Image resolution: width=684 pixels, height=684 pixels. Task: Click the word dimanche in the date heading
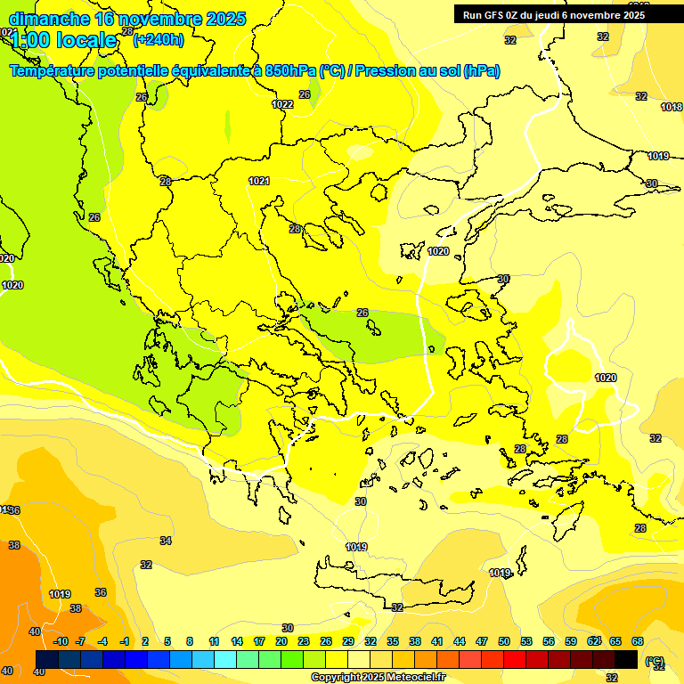point(49,19)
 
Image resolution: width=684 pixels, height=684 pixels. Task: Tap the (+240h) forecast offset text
point(159,39)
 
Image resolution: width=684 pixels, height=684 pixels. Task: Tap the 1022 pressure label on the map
point(282,104)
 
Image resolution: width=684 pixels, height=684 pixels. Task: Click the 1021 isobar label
point(259,181)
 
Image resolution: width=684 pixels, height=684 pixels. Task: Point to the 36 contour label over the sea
point(101,592)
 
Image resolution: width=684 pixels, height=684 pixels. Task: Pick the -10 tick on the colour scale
point(61,641)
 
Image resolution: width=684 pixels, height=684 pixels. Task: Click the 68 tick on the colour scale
point(638,641)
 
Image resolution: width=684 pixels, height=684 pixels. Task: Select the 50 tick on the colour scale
point(504,641)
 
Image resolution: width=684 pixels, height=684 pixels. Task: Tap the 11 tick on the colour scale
point(214,641)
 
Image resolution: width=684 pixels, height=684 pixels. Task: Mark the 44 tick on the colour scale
point(460,641)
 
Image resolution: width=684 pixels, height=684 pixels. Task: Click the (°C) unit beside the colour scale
point(655,661)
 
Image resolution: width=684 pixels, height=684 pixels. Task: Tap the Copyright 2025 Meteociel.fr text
point(377,677)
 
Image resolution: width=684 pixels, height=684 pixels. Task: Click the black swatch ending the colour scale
point(626,659)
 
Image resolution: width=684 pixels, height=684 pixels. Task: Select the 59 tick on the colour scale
point(571,641)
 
